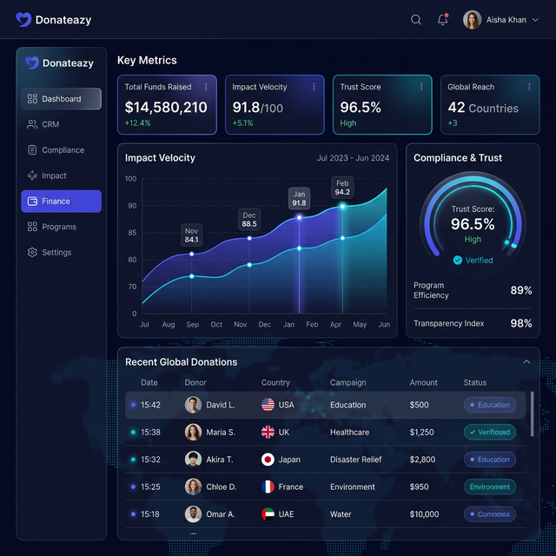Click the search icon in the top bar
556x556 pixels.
(416, 20)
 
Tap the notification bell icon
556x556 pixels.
(442, 20)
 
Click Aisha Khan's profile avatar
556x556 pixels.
(472, 20)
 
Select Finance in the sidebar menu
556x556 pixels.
(61, 202)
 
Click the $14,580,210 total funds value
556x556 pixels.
(166, 107)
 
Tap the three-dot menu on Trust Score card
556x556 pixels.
(420, 87)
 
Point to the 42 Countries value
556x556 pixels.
(483, 108)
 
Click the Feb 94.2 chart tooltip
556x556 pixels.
(342, 188)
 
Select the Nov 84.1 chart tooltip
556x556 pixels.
(191, 235)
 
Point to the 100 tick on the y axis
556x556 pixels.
(130, 179)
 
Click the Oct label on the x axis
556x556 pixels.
(216, 325)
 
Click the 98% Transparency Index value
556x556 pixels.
(521, 323)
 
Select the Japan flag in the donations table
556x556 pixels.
(268, 460)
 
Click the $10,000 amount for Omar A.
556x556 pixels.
(424, 514)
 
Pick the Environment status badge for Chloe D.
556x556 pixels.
(490, 487)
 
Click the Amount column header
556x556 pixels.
(424, 382)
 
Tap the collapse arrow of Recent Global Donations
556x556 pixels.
(526, 362)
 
